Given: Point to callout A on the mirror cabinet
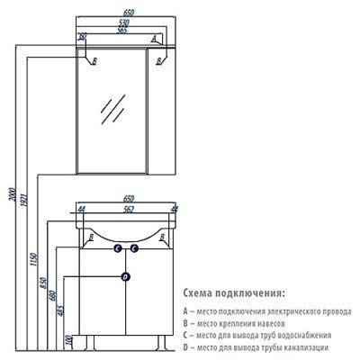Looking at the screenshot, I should pos(154,39).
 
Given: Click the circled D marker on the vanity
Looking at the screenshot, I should pos(125,274).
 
